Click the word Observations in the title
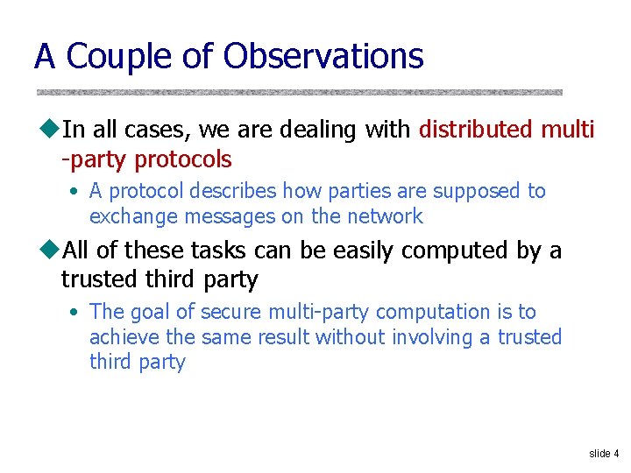[323, 56]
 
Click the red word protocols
[183, 159]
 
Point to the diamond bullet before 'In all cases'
[49, 130]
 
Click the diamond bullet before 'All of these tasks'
[49, 251]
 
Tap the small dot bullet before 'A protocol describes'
[76, 191]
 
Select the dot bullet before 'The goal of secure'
[76, 312]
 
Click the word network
[386, 216]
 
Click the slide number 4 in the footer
[615, 454]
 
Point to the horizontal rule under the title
[299, 91]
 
